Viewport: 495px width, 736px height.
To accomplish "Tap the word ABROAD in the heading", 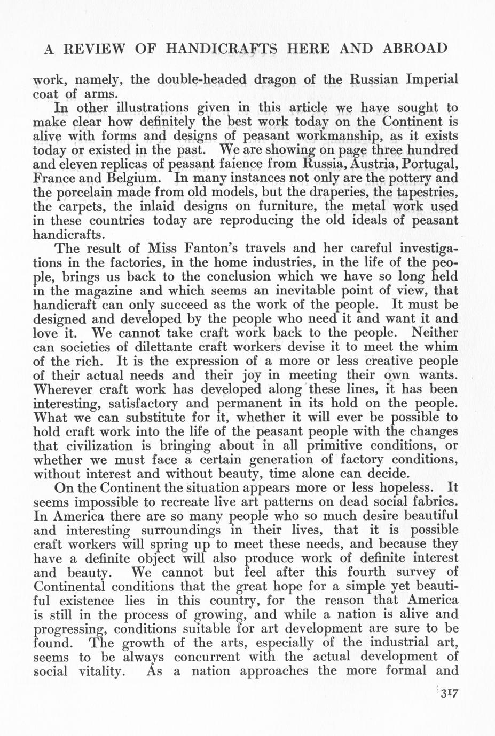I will [x=415, y=49].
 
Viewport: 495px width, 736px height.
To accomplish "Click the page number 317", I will [x=448, y=693].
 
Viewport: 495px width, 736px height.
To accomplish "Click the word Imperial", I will [x=431, y=79].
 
